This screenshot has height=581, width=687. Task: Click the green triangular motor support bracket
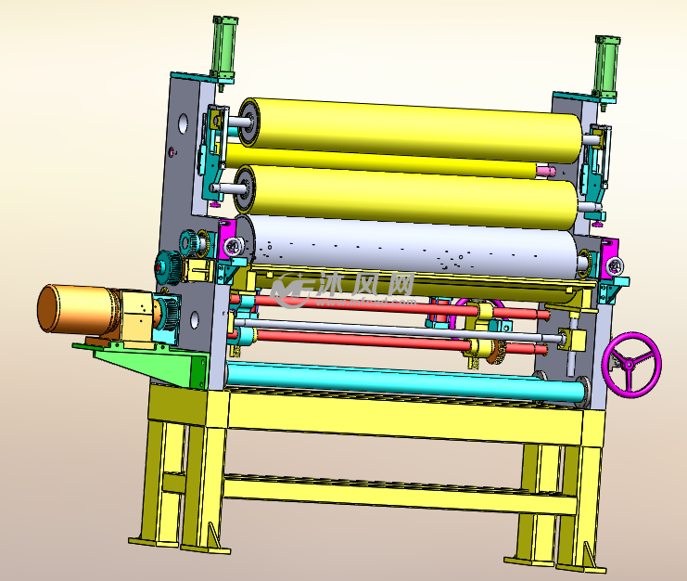click(149, 363)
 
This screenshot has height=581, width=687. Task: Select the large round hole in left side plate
click(184, 124)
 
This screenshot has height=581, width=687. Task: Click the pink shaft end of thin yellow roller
click(546, 171)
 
